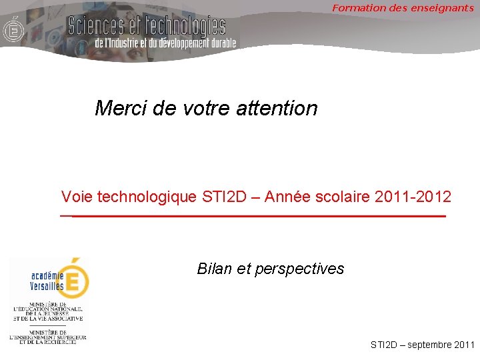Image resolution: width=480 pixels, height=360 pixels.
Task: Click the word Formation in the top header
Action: point(357,8)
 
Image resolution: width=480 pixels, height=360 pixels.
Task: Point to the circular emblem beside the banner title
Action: point(12,30)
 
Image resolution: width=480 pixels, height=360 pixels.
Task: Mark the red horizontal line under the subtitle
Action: point(253,217)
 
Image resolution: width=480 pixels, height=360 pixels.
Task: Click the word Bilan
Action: point(213,269)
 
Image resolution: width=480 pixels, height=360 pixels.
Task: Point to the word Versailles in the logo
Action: point(47,287)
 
